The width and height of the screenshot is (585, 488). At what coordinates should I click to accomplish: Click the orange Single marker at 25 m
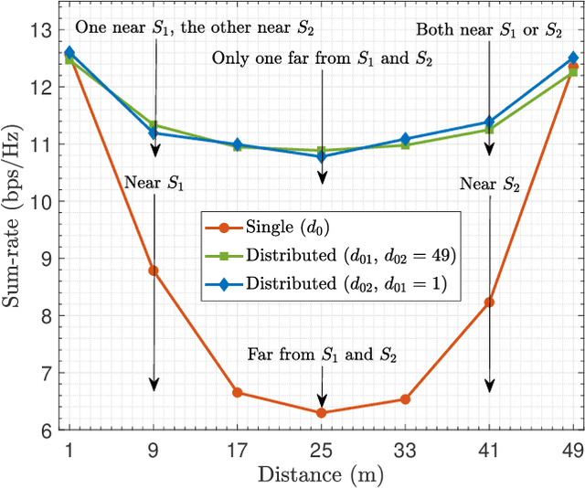coord(321,413)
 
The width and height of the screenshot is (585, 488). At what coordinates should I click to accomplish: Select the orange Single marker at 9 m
coord(154,271)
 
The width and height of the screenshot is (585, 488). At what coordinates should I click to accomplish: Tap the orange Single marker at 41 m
coord(489,302)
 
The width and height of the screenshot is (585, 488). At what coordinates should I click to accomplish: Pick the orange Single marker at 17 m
coord(238,392)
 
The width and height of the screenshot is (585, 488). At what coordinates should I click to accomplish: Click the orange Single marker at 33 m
coord(405,399)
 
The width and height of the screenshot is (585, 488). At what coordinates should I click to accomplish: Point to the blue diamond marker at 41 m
coord(489,122)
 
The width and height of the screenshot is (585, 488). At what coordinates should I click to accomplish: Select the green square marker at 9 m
coord(154,125)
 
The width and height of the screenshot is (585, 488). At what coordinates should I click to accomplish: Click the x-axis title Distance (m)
coord(321,475)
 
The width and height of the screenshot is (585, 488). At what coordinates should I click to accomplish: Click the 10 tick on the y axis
coord(42,201)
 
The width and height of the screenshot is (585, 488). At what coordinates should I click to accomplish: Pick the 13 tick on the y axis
coord(42,30)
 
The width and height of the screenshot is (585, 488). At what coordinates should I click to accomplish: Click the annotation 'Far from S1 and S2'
coord(320,355)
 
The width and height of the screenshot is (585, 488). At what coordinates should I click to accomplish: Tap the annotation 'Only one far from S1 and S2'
coord(322,58)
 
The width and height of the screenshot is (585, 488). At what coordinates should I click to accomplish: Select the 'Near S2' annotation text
coord(489,185)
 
